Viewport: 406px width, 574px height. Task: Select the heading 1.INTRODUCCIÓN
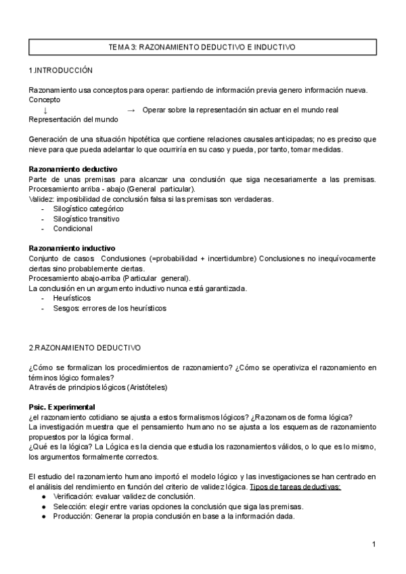(x=60, y=70)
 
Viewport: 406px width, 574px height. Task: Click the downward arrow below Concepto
(x=45, y=110)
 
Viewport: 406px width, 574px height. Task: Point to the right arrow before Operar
(x=131, y=110)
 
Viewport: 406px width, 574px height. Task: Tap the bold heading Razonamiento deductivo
(x=73, y=169)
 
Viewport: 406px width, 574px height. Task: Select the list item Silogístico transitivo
(x=86, y=219)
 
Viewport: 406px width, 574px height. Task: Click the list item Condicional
(x=72, y=229)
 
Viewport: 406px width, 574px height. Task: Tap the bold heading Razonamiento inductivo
(x=72, y=248)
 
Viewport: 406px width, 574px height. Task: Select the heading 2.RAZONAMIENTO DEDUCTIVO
(x=85, y=347)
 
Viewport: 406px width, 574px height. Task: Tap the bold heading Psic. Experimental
(x=64, y=407)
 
